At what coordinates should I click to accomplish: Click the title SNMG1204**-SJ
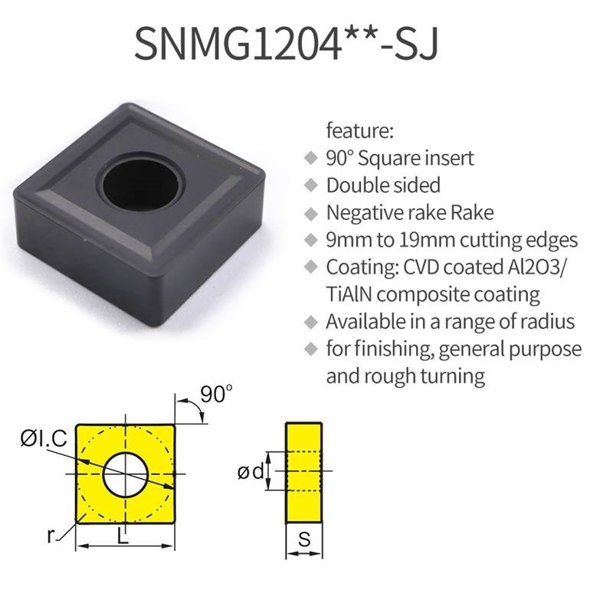pyautogui.click(x=286, y=44)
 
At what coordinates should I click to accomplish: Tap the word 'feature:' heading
pyautogui.click(x=359, y=130)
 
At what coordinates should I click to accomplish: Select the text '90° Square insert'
pyautogui.click(x=400, y=159)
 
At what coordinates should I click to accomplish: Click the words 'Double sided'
pyautogui.click(x=383, y=185)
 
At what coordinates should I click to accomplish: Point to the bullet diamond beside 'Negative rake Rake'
pyautogui.click(x=311, y=214)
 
